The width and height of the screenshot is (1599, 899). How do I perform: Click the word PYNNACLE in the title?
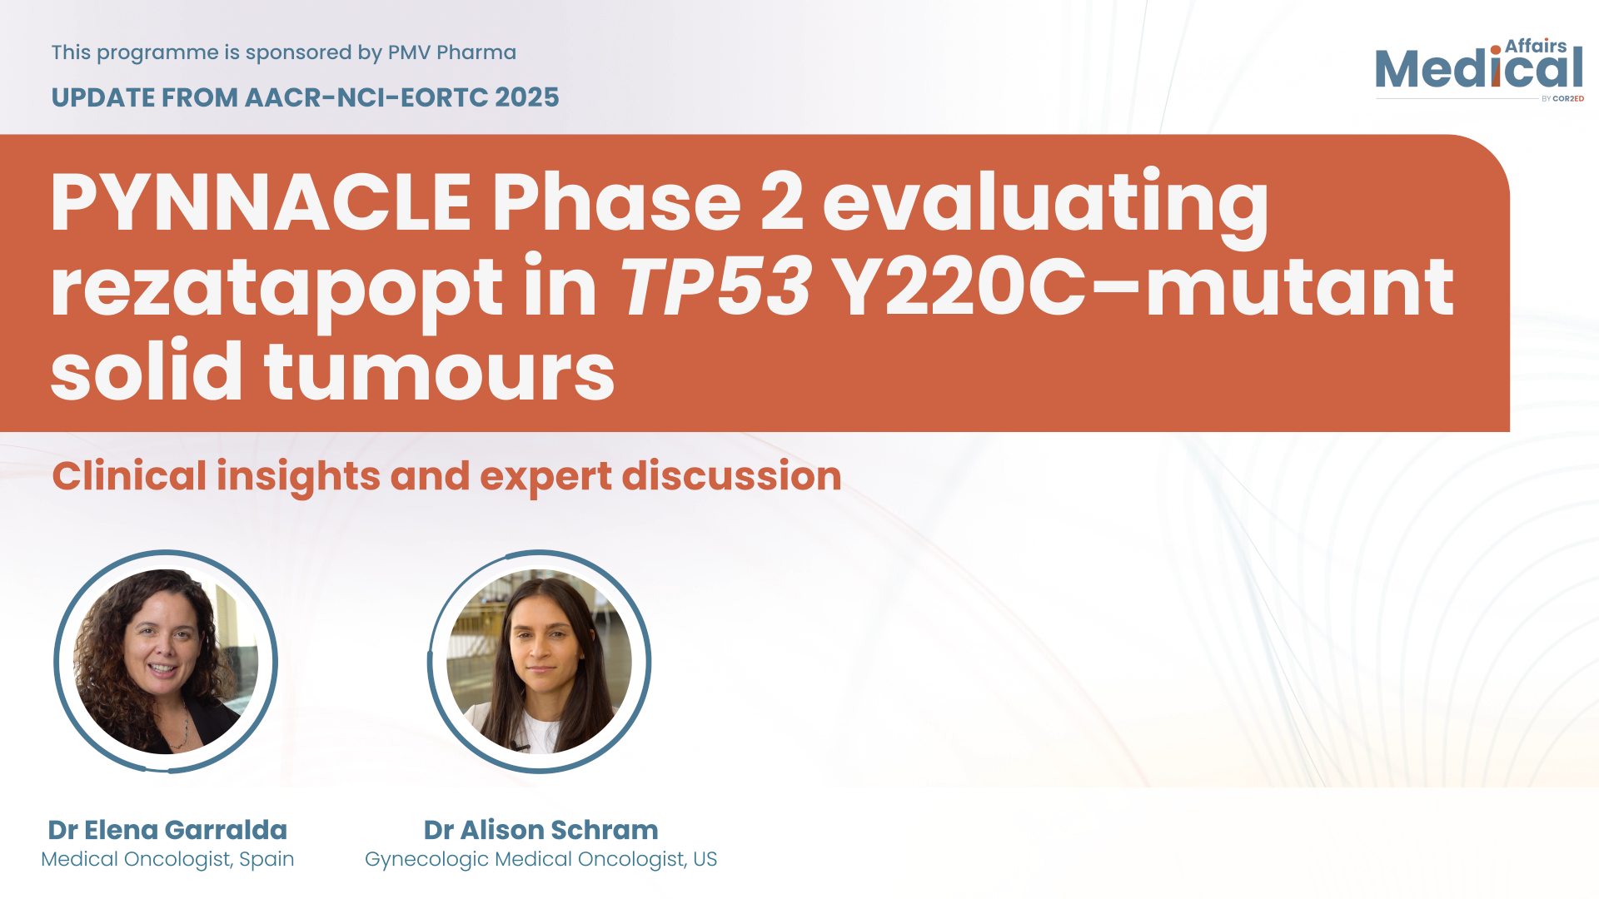[262, 202]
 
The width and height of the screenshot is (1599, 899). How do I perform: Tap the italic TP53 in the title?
[715, 287]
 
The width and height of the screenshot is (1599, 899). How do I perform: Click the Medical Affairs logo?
[1479, 69]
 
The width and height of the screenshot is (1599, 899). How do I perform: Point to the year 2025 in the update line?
[526, 97]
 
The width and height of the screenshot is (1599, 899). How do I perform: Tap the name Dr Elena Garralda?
[167, 830]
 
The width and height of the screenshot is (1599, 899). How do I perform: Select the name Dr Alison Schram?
[541, 830]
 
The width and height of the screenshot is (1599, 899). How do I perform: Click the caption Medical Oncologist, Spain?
[167, 859]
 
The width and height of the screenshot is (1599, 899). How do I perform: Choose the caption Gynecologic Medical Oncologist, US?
[541, 859]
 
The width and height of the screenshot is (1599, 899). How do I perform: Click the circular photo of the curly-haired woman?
[166, 662]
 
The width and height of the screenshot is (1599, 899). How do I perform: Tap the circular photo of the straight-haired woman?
[539, 662]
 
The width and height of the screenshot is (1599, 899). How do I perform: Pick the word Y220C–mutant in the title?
[1143, 287]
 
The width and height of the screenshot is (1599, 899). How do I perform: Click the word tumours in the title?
[440, 371]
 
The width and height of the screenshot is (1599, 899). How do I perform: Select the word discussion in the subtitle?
[732, 476]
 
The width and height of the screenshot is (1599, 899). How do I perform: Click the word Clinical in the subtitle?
[129, 476]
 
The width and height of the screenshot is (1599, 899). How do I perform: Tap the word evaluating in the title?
[1046, 206]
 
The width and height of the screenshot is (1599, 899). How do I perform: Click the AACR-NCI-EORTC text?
[366, 97]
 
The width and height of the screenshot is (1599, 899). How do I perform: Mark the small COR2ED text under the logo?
[1568, 98]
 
